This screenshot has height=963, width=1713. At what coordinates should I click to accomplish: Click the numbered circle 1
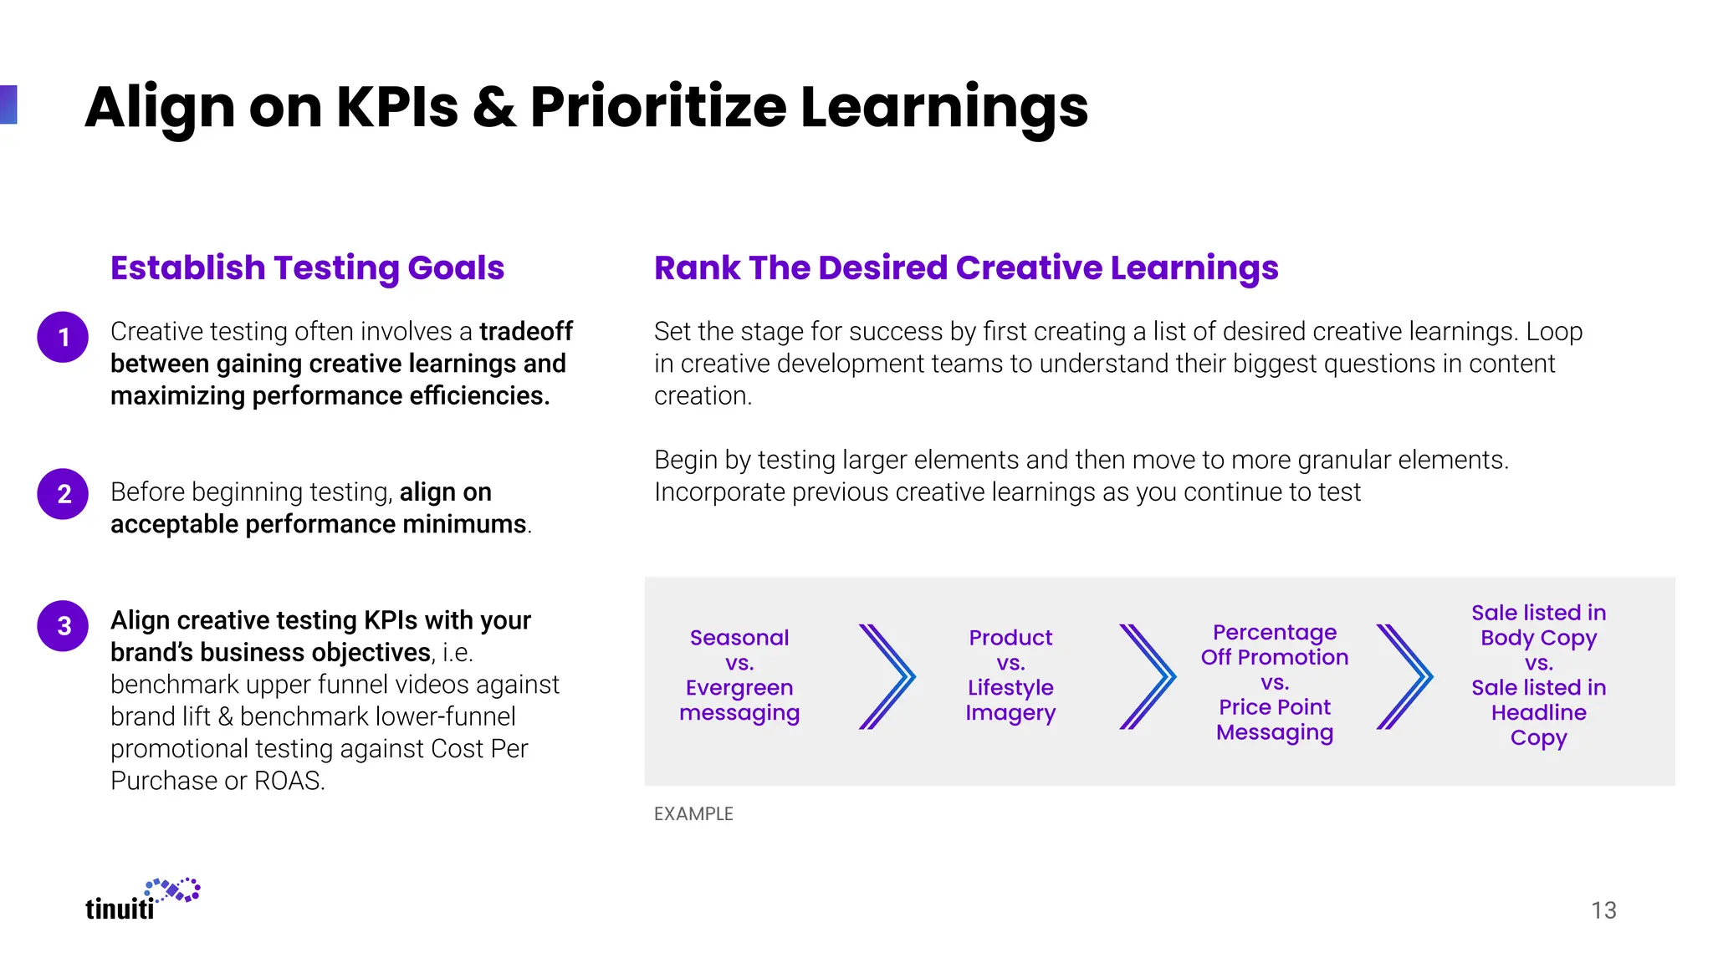pyautogui.click(x=63, y=337)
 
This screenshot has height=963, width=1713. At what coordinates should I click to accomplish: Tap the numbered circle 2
pyautogui.click(x=63, y=494)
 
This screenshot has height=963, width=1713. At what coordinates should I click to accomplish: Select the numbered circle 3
pyautogui.click(x=63, y=625)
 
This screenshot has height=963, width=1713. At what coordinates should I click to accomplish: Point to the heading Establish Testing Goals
pyautogui.click(x=307, y=267)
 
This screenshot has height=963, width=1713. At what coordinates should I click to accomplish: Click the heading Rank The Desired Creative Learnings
pyautogui.click(x=966, y=267)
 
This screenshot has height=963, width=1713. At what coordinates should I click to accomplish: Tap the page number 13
pyautogui.click(x=1603, y=909)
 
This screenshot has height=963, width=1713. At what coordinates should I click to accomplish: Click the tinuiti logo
pyautogui.click(x=142, y=899)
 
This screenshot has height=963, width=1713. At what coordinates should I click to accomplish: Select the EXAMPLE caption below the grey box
pyautogui.click(x=693, y=813)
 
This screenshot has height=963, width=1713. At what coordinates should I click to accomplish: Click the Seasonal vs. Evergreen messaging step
pyautogui.click(x=739, y=675)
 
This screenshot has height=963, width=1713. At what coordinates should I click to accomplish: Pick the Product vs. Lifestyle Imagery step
pyautogui.click(x=1010, y=675)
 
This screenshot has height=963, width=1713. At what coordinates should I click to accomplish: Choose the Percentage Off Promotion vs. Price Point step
pyautogui.click(x=1275, y=681)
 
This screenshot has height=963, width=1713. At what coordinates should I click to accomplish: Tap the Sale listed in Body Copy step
pyautogui.click(x=1538, y=675)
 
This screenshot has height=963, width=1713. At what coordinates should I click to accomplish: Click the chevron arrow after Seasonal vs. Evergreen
pyautogui.click(x=887, y=676)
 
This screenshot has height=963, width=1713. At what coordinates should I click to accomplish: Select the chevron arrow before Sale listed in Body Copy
pyautogui.click(x=1404, y=676)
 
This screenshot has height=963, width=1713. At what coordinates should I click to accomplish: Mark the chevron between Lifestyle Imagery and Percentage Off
pyautogui.click(x=1148, y=676)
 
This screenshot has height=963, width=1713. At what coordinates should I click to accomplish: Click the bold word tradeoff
pyautogui.click(x=525, y=331)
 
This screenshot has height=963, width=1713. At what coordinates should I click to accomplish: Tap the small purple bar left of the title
pyautogui.click(x=8, y=104)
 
